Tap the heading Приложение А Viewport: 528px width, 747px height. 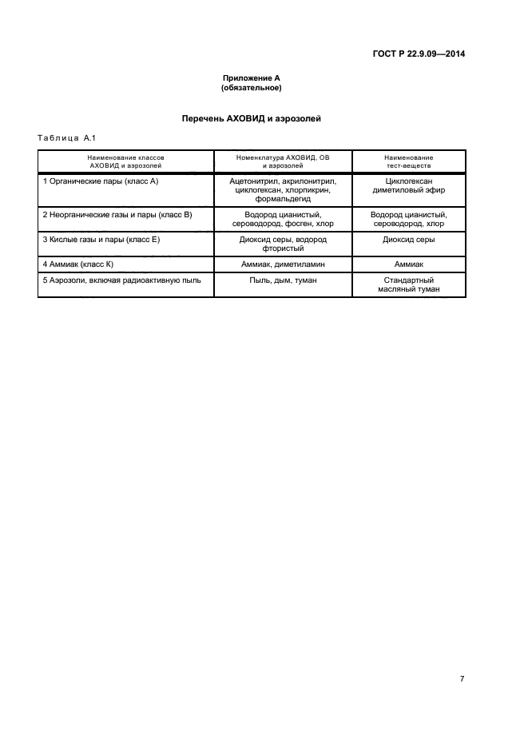coord(252,78)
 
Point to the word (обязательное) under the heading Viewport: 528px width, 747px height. coord(252,87)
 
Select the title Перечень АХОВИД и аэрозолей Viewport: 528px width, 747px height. coord(252,118)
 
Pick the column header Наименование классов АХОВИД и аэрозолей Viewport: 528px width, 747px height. coord(126,162)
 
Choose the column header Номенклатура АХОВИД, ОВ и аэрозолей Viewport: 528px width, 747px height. coord(283,162)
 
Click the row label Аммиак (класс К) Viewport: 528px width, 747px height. coord(79,263)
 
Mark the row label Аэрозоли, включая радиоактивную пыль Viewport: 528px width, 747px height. coord(121,280)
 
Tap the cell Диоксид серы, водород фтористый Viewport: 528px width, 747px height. coord(283,244)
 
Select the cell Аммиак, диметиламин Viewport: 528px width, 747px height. coord(283,263)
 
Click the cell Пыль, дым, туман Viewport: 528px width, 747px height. coord(283,280)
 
